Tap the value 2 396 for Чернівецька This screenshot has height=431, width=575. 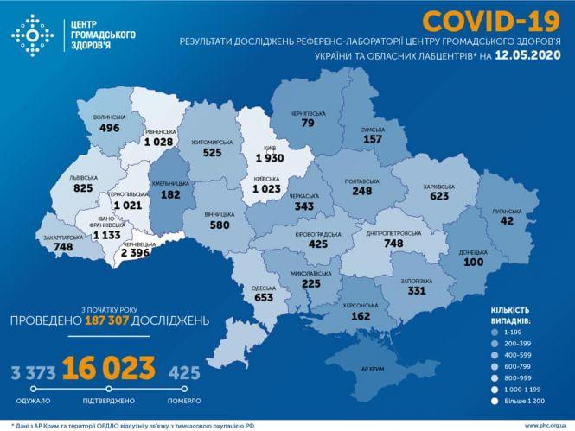[137, 252]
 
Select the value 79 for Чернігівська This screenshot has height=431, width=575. [307, 123]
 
